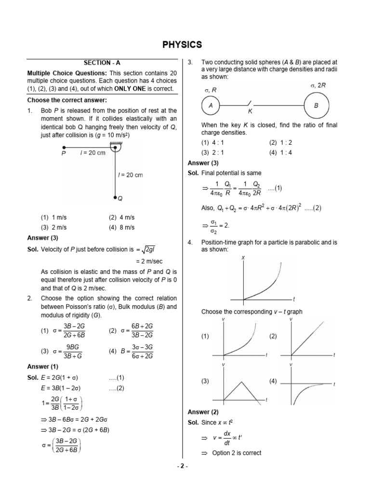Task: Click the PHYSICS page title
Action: [x=182, y=45]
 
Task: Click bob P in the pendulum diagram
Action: [x=64, y=147]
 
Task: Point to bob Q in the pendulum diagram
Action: [x=115, y=197]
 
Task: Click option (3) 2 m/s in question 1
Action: [x=54, y=227]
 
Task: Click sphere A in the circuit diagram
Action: [x=211, y=105]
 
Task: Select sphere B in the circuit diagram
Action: [x=317, y=105]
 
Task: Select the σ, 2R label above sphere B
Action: [x=317, y=85]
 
